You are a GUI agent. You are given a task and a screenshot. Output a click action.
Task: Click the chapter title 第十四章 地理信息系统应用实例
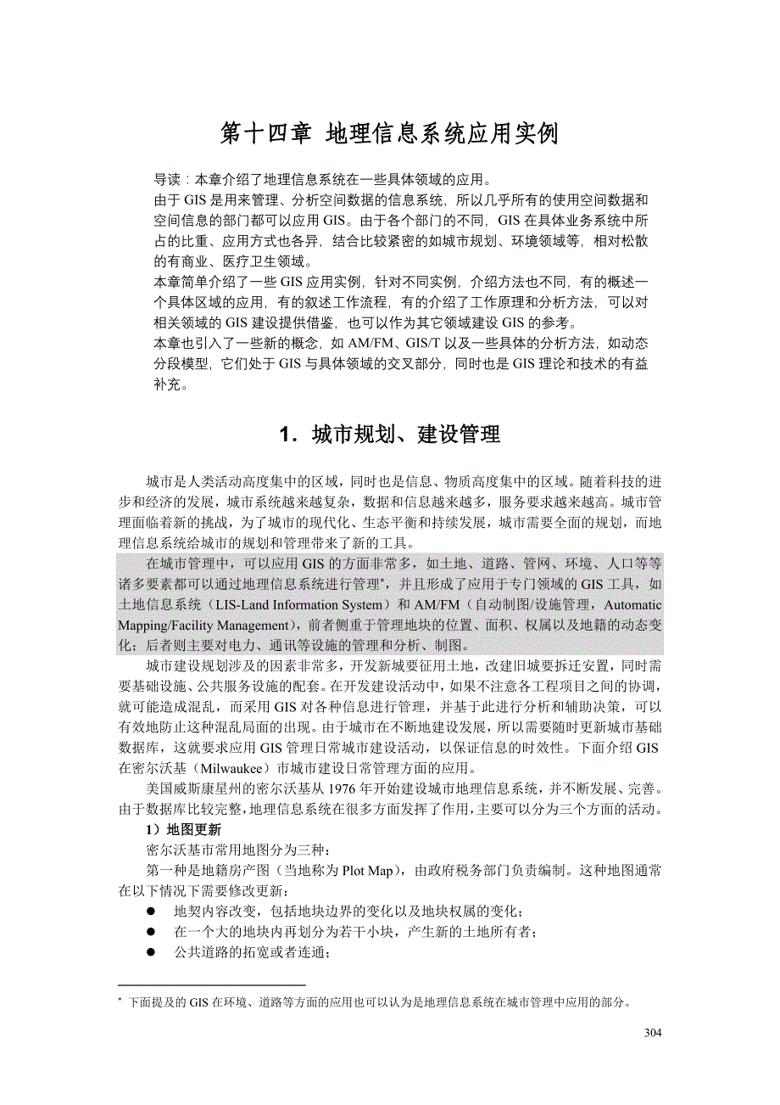pyautogui.click(x=389, y=134)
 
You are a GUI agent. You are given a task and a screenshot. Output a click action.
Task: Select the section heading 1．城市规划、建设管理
pyautogui.click(x=389, y=435)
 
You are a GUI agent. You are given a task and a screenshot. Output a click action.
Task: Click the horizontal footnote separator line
pyautogui.click(x=211, y=984)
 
